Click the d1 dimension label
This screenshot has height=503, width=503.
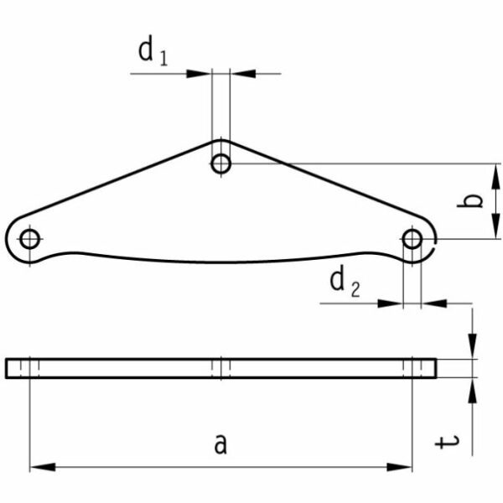(x=153, y=53)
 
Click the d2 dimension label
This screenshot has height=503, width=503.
(x=345, y=283)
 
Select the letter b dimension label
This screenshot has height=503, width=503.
(x=470, y=201)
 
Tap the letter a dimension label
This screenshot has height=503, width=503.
(x=220, y=443)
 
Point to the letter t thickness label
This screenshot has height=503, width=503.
(x=447, y=442)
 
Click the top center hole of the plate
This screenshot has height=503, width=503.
(x=221, y=163)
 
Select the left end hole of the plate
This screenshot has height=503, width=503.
(x=30, y=239)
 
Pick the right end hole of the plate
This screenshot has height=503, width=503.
(x=412, y=239)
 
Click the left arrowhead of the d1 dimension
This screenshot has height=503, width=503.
(x=199, y=74)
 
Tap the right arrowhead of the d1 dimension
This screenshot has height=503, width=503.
(x=243, y=74)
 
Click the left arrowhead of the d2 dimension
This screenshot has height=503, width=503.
(x=390, y=303)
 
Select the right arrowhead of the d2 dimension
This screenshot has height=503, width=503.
(x=434, y=303)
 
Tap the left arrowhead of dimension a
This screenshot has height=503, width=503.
(x=43, y=467)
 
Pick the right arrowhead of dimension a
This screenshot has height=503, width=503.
(x=400, y=467)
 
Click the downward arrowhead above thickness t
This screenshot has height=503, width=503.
(x=472, y=346)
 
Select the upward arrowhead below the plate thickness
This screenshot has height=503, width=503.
(x=472, y=391)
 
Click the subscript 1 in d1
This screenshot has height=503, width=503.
(x=163, y=58)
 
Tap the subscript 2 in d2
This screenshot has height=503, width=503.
(x=355, y=288)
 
